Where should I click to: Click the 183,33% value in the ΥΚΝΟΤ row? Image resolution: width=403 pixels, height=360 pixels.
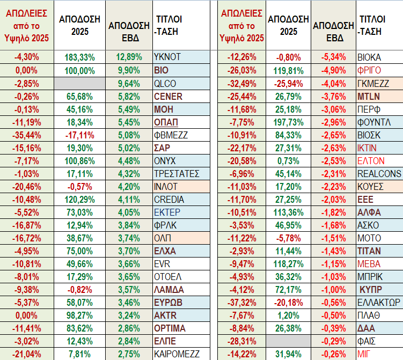click(x=79, y=57)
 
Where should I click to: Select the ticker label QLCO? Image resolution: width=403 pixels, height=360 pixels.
click(x=165, y=84)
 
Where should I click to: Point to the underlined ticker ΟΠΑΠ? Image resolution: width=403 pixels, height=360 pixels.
click(x=166, y=122)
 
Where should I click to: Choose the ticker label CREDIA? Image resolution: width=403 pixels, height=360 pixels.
click(x=168, y=200)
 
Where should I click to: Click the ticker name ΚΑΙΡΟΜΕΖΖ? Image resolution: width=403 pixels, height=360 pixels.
click(x=177, y=354)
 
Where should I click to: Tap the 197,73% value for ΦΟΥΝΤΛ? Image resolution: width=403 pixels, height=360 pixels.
click(x=289, y=122)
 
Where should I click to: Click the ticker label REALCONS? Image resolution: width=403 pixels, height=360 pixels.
click(x=379, y=174)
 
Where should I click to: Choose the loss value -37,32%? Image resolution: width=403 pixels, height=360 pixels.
click(x=242, y=303)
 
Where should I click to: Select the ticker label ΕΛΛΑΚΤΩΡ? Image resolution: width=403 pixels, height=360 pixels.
click(x=379, y=303)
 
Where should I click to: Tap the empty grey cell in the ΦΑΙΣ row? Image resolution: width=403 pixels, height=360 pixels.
click(x=289, y=341)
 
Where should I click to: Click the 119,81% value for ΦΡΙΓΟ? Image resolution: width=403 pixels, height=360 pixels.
click(x=289, y=71)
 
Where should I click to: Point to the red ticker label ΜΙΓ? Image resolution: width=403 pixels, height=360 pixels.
click(x=364, y=354)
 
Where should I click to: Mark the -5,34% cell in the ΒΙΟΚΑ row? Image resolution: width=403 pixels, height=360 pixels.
click(x=332, y=57)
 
